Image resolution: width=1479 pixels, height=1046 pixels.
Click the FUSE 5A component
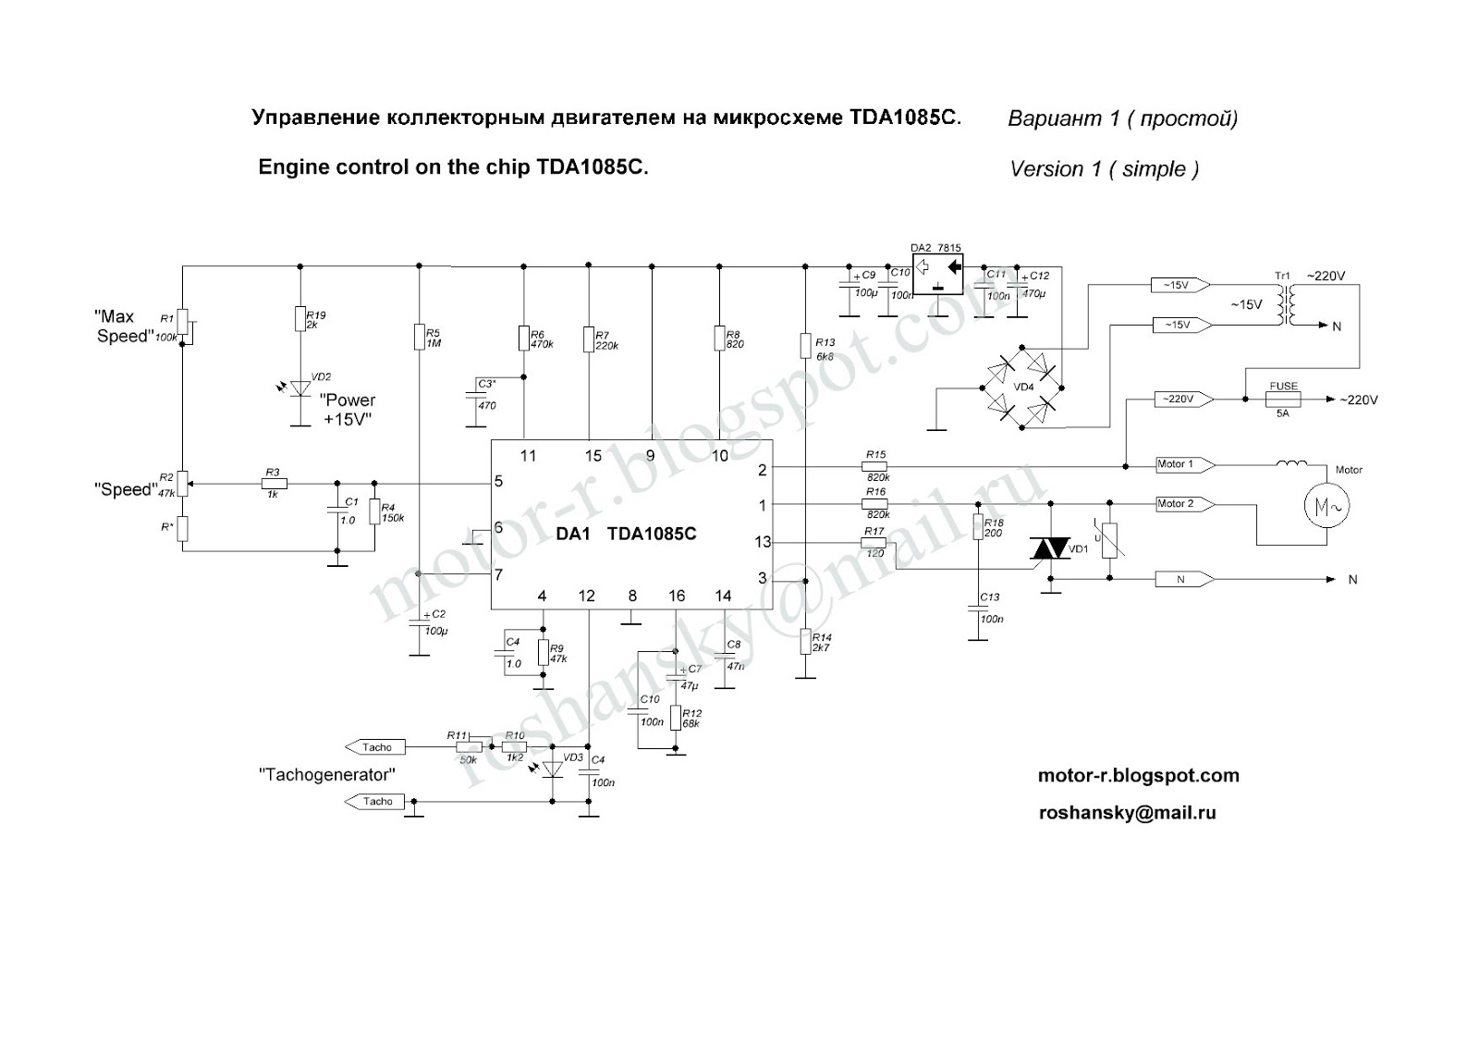(x=1283, y=400)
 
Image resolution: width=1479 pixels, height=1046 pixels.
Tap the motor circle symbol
(x=1326, y=505)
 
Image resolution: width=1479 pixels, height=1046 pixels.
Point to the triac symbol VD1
(x=1049, y=549)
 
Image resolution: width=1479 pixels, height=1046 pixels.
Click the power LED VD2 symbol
(x=299, y=388)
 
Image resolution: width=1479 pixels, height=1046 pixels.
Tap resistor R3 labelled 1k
(x=273, y=483)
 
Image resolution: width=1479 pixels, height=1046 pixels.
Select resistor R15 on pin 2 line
(x=874, y=466)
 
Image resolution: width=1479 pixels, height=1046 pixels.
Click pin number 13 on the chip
(x=762, y=542)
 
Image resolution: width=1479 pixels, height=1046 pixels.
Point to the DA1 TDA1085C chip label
(x=626, y=534)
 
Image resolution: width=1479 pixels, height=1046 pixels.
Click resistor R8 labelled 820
(x=719, y=338)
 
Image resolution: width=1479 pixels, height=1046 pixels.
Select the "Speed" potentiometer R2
(x=183, y=483)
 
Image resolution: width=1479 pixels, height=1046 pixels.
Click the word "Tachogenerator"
(x=327, y=774)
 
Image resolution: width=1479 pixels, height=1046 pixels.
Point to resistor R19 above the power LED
(x=299, y=319)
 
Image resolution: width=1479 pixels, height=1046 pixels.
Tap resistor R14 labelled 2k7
(x=804, y=642)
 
